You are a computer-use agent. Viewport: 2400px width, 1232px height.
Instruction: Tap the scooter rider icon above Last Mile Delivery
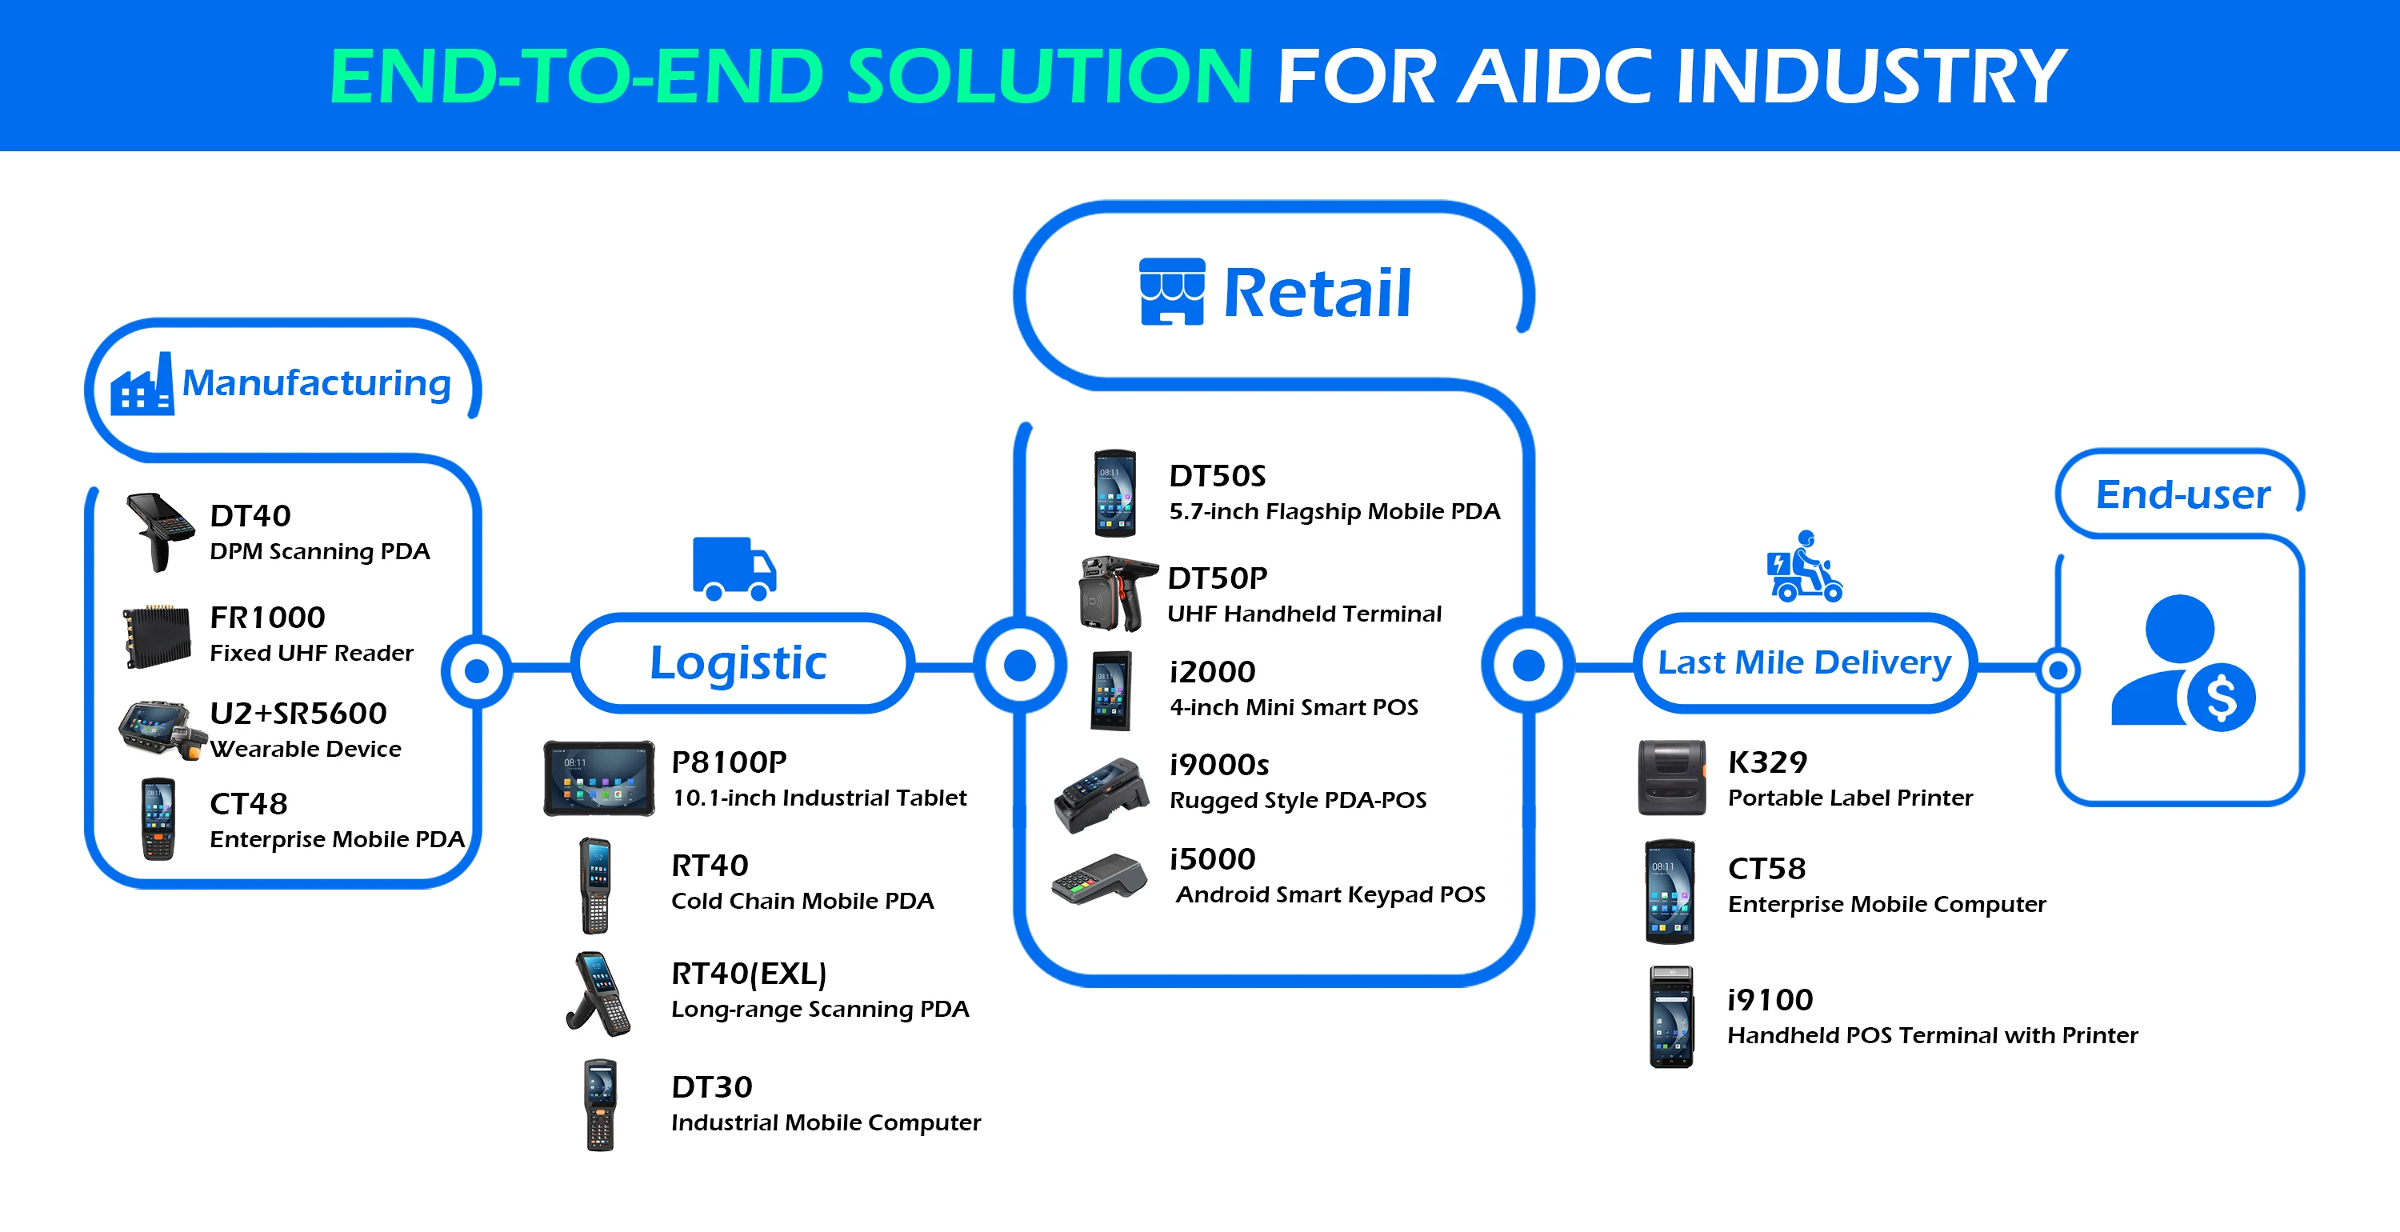(1805, 566)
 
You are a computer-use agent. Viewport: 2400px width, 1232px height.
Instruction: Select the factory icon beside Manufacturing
(142, 384)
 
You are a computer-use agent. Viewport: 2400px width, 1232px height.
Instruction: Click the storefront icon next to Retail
(1172, 292)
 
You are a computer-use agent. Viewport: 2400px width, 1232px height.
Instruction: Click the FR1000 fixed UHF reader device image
(158, 637)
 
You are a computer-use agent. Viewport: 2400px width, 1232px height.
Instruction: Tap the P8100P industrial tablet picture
(599, 778)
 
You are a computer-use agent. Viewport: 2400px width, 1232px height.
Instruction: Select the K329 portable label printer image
(1672, 778)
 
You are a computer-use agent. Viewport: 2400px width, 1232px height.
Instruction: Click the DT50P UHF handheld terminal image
(1116, 594)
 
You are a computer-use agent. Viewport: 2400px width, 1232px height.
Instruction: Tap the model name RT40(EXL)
(749, 974)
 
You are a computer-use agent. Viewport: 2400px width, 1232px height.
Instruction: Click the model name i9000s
(1219, 765)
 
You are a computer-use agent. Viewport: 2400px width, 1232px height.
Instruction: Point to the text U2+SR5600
(298, 714)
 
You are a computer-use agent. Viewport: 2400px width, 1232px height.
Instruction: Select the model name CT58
(1766, 869)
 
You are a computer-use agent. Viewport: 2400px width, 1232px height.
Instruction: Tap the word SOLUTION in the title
(1050, 77)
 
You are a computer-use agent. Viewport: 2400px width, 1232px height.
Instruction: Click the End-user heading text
(2183, 494)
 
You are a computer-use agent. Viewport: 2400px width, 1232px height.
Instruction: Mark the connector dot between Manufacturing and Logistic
(477, 671)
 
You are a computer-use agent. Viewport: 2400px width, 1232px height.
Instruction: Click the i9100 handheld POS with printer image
(1671, 1017)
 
